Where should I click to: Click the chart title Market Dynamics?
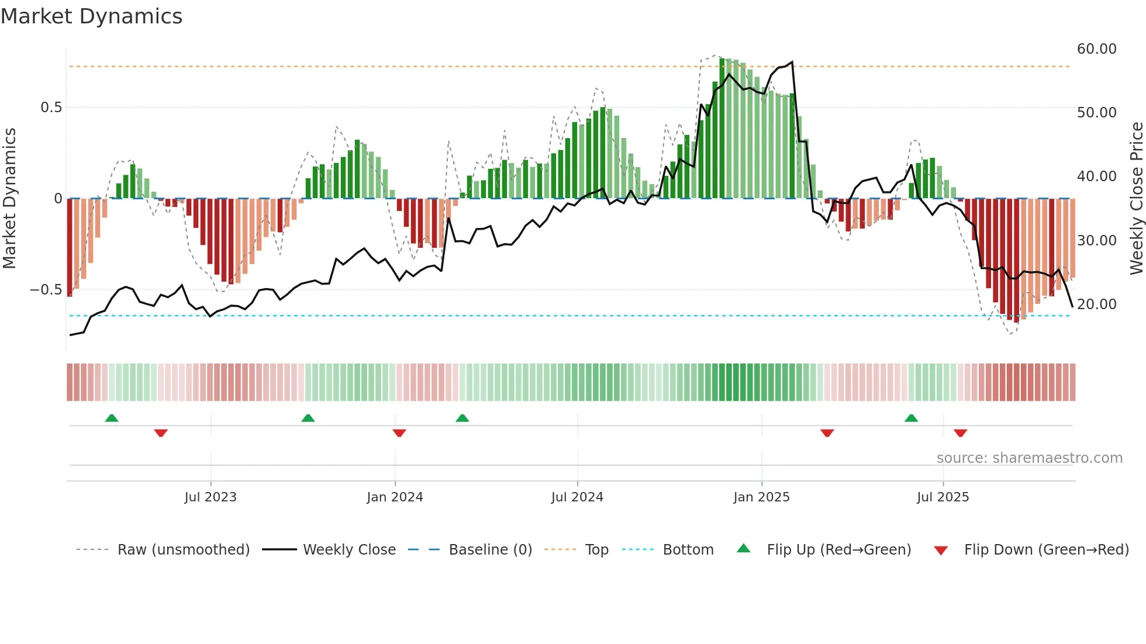pos(91,16)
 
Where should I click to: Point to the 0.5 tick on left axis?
pos(51,108)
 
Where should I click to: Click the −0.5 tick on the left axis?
pos(46,290)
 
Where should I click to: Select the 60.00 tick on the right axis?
pos(1096,49)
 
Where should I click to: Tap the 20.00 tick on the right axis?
pos(1096,304)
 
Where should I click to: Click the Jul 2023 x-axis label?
pos(210,497)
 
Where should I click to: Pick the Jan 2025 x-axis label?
pos(761,497)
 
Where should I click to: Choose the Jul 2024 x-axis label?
pos(577,497)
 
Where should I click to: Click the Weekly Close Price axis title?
pos(1136,199)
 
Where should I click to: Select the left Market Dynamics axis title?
pos(9,199)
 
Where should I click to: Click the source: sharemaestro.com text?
pos(1029,458)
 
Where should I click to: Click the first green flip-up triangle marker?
pos(112,418)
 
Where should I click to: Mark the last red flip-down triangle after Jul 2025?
pos(960,433)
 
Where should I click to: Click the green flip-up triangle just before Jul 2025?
pos(911,418)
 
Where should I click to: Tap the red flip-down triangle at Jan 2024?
pos(399,433)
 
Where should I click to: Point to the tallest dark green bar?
pos(722,129)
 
